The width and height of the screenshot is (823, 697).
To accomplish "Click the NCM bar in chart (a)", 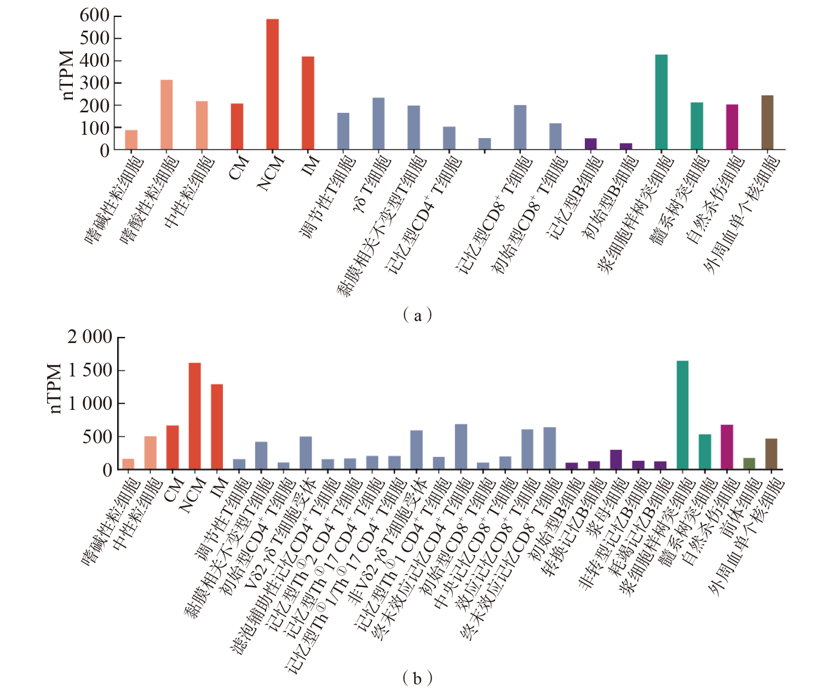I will [272, 84].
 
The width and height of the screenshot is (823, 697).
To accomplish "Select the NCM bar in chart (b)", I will [194, 416].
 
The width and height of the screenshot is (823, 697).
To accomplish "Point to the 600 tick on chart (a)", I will [94, 15].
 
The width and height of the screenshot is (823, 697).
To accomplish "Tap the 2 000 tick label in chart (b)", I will [90, 337].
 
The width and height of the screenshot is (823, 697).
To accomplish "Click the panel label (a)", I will [417, 315].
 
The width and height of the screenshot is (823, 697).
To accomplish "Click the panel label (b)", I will [417, 678].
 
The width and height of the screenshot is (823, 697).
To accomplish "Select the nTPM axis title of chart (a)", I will [67, 75].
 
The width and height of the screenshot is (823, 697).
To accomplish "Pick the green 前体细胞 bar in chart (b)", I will [749, 464].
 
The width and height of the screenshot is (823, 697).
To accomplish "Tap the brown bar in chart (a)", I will [767, 122].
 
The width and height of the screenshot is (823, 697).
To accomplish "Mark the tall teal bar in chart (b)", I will [682, 415].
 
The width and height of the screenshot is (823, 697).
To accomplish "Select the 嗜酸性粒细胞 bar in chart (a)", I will [166, 115].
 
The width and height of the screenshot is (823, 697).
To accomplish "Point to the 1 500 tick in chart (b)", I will [90, 370].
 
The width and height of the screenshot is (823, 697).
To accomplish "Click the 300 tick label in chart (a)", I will [94, 83].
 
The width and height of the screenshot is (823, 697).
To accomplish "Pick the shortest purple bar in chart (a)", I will [626, 146].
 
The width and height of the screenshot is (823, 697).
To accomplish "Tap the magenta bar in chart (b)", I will [727, 447].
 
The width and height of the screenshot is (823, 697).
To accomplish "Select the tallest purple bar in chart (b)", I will [616, 459].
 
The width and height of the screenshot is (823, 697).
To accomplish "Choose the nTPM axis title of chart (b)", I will [55, 388].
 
